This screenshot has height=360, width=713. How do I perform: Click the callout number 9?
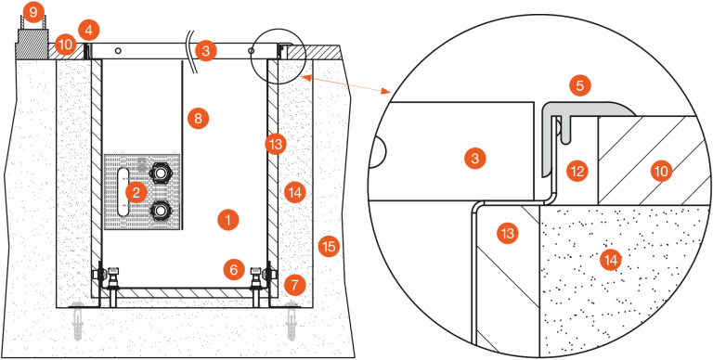point(33,13)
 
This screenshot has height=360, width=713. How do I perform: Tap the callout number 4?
point(89,31)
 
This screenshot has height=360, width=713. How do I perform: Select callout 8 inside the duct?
point(198,119)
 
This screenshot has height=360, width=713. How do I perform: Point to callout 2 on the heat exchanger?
point(136,193)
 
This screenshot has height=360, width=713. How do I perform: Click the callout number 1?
point(228,221)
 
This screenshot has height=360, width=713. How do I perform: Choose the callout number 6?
point(234,270)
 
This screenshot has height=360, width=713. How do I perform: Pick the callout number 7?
point(294,286)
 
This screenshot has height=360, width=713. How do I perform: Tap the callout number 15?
point(329,247)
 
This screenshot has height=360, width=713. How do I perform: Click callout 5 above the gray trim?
point(579,86)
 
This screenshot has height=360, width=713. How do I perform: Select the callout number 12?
point(577,172)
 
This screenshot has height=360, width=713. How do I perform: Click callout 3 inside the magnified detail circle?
point(475,159)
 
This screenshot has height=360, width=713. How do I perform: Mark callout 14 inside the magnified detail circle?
point(610,260)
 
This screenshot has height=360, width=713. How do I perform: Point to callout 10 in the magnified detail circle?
point(661,173)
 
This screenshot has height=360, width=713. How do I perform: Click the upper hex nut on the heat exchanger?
point(160,173)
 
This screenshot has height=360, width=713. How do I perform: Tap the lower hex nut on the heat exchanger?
point(160,210)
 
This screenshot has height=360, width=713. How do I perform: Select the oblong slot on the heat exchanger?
point(123,192)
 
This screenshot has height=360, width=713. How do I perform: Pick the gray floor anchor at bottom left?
point(78,322)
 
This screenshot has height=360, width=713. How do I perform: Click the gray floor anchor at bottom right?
point(292,322)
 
